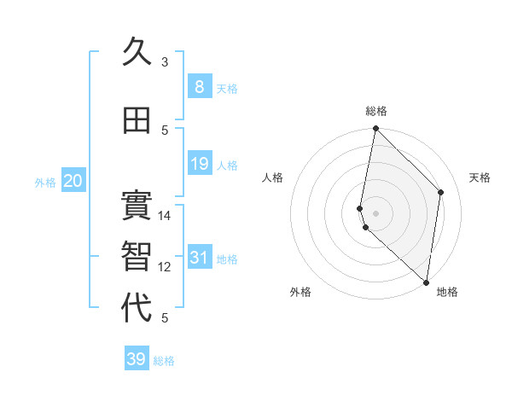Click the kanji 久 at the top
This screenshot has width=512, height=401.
137,53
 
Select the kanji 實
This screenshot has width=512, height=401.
137,206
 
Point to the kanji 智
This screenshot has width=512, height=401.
137,257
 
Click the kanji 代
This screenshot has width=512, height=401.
137,308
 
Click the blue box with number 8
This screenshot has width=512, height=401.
199,86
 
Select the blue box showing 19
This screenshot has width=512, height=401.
199,164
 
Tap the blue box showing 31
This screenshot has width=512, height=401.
199,257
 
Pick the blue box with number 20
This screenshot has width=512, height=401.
73,181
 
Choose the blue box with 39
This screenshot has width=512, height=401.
137,359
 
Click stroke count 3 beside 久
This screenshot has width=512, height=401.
165,62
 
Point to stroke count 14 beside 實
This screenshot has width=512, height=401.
165,216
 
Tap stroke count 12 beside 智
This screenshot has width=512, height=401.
165,267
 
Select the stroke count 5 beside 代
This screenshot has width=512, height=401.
165,318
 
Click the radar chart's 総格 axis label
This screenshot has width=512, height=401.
376,111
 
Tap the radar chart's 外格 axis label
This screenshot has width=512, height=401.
300,292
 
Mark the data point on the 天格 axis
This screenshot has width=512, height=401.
441,192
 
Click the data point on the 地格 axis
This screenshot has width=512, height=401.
426,282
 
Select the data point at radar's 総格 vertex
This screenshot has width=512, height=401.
375,129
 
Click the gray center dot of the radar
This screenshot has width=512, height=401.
375,212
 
